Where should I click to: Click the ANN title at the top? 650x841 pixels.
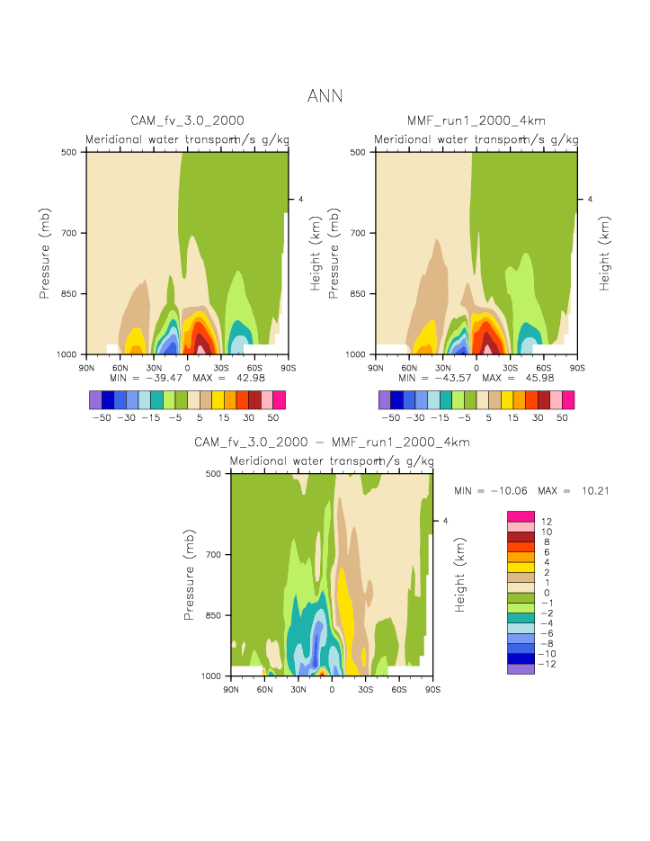[x=325, y=95]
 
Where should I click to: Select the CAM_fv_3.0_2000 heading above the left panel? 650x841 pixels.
[x=187, y=121]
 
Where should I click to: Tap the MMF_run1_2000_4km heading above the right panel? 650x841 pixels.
[x=476, y=121]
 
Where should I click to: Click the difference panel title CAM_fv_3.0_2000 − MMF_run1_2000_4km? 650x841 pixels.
[x=332, y=443]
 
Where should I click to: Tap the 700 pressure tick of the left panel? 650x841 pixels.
[x=73, y=233]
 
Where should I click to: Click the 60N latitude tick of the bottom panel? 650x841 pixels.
[x=264, y=689]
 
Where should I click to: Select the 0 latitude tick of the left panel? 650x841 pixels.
[x=187, y=367]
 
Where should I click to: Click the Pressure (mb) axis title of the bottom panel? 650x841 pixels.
[x=190, y=575]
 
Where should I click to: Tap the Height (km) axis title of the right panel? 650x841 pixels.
[x=605, y=252]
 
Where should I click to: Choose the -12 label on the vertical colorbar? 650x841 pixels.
[x=548, y=664]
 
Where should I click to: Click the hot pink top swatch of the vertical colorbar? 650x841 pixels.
[x=521, y=515]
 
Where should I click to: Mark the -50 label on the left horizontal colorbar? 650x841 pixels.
[x=102, y=417]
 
